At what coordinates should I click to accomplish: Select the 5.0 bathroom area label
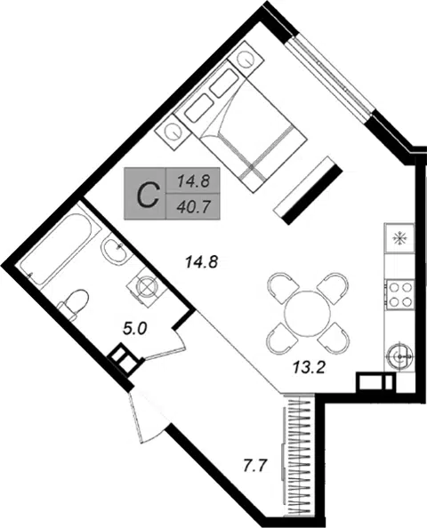coord(135,329)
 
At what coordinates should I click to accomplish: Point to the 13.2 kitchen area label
coord(309,367)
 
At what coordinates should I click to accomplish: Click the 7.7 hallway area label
coord(255,467)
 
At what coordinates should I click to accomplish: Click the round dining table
coord(308,313)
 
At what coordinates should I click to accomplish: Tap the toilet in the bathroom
coord(74,303)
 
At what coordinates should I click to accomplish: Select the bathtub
coord(56,247)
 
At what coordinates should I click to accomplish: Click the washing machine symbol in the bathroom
coord(147,287)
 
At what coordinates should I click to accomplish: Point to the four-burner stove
coord(399,294)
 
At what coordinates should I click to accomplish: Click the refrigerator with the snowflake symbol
coord(399,237)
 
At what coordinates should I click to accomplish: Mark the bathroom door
coord(164,345)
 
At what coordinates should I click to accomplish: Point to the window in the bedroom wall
coord(331,79)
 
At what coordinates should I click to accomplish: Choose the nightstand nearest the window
coord(245,58)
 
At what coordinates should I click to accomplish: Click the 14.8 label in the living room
coord(202,262)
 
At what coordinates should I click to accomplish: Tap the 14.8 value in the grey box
coord(194,182)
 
